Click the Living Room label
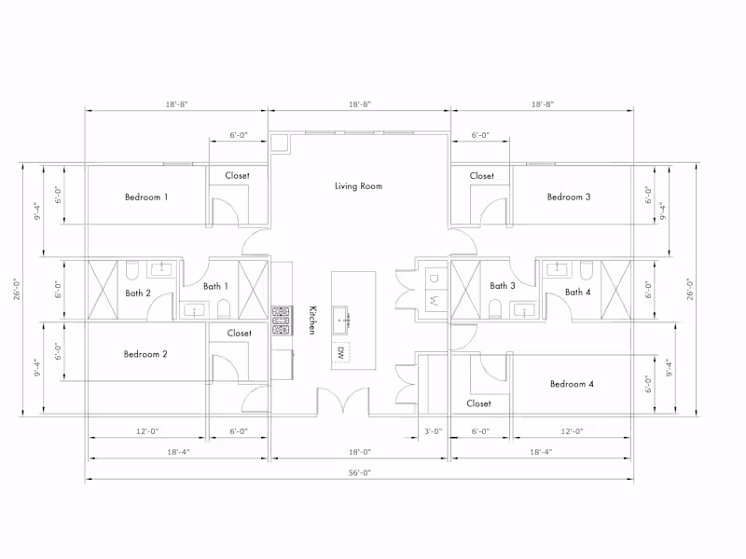(358, 185)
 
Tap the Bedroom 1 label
(146, 197)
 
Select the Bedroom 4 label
(572, 384)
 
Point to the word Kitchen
(312, 320)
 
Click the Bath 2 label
(137, 293)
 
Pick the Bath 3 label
(503, 285)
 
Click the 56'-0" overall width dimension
(359, 472)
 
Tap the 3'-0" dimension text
(433, 431)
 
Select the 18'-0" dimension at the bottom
(359, 452)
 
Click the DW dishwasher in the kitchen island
(340, 352)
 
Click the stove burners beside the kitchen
(281, 320)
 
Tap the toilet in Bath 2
(132, 270)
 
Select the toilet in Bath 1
(224, 309)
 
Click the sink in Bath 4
(557, 269)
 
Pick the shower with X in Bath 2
(103, 290)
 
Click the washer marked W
(433, 300)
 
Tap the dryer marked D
(433, 279)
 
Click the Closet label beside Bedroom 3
(481, 176)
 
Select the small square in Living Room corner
(279, 143)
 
